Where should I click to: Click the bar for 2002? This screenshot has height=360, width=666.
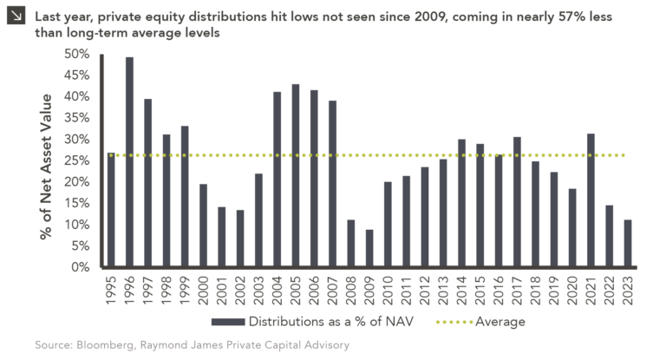coord(240,239)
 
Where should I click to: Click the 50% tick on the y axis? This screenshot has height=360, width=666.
coord(77,54)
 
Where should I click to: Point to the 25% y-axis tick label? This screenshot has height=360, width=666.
coord(77,160)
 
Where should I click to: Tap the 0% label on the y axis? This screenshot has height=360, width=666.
coord(82,267)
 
